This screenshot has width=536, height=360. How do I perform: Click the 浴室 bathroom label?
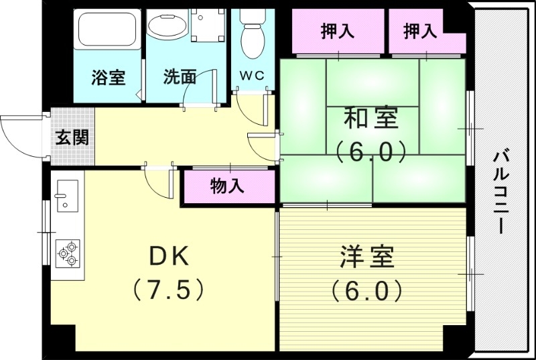pyautogui.click(x=108, y=77)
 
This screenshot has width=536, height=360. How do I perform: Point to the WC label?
pyautogui.click(x=252, y=76)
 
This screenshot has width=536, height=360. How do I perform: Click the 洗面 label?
pyautogui.click(x=180, y=77)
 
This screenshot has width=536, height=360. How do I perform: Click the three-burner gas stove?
pyautogui.click(x=68, y=254)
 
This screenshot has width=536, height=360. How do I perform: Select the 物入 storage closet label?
pyautogui.click(x=227, y=186)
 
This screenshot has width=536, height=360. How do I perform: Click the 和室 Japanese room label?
pyautogui.click(x=371, y=119)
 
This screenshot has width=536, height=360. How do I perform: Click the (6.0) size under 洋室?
pyautogui.click(x=366, y=290)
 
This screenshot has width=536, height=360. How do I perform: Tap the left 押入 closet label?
pyautogui.click(x=337, y=31)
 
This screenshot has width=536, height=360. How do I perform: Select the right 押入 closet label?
pyautogui.click(x=420, y=31)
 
